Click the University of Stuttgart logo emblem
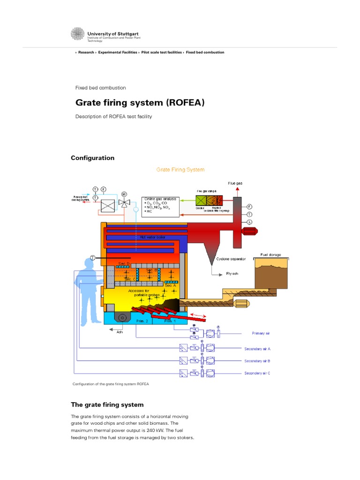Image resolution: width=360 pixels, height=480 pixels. (x=77, y=34)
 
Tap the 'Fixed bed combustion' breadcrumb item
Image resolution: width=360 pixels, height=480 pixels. (x=205, y=52)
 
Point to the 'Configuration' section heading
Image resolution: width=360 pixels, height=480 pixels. (x=93, y=158)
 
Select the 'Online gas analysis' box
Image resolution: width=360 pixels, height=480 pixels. (x=160, y=206)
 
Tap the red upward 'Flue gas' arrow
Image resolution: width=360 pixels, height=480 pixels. (x=238, y=189)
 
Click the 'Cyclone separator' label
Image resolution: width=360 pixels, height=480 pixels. (x=231, y=259)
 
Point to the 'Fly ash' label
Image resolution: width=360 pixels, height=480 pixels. (x=233, y=273)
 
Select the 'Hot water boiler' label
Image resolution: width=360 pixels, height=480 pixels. (x=153, y=237)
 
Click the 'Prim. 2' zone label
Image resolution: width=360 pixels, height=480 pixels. (x=142, y=322)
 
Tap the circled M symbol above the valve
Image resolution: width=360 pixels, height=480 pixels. (x=124, y=194)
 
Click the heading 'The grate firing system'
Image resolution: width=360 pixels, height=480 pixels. (x=107, y=405)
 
